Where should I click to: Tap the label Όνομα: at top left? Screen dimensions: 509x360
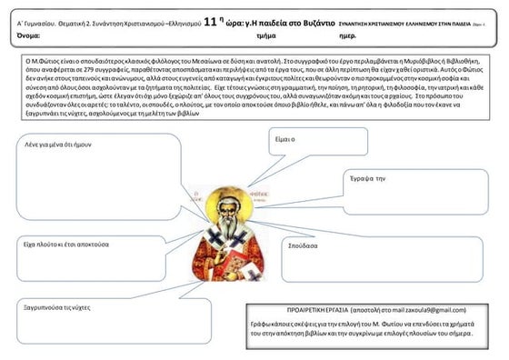pyautogui.click(x=30, y=35)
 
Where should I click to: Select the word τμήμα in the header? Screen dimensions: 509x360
pyautogui.click(x=267, y=35)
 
